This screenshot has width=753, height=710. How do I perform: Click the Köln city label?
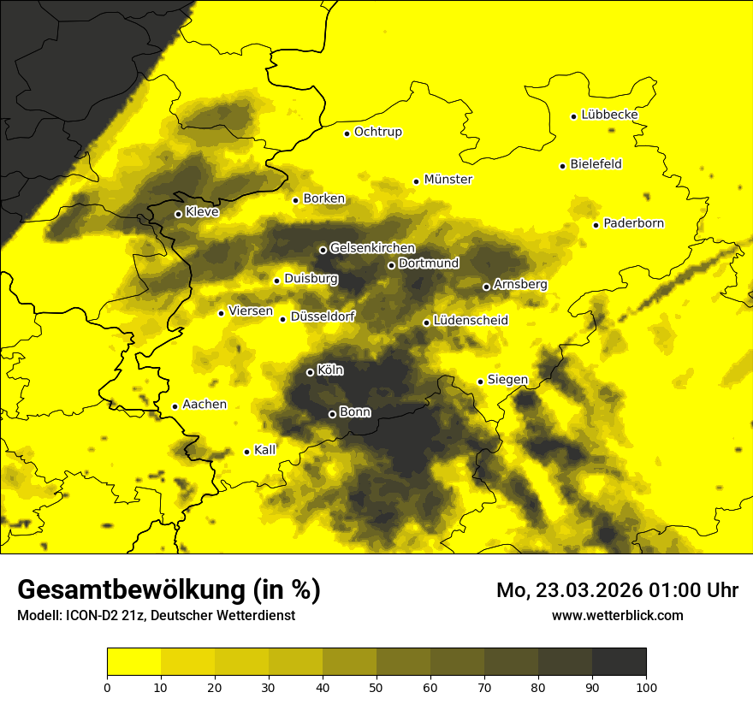click(x=330, y=370)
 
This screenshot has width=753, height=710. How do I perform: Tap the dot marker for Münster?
click(x=416, y=181)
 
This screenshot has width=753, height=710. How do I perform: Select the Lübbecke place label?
click(x=609, y=115)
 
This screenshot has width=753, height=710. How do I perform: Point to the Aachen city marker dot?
click(x=175, y=406)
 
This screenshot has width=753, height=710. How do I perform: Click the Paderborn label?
click(x=633, y=223)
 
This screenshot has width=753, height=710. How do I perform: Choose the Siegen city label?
click(x=507, y=380)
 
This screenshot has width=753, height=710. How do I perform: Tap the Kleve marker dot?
click(x=178, y=214)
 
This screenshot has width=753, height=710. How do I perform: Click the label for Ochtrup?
click(x=377, y=132)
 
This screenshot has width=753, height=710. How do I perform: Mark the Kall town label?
click(x=265, y=450)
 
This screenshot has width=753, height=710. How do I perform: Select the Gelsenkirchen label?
click(x=372, y=248)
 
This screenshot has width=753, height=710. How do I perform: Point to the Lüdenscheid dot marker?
click(x=426, y=322)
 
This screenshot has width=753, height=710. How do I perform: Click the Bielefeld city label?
click(x=596, y=163)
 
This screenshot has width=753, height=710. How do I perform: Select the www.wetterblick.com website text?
click(x=617, y=615)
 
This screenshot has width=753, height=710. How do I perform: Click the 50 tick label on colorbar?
click(x=376, y=686)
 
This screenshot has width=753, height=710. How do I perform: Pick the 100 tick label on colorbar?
click(x=645, y=686)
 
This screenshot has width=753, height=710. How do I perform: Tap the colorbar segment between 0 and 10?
click(x=134, y=662)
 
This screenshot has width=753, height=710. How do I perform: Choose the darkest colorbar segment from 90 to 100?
click(x=619, y=662)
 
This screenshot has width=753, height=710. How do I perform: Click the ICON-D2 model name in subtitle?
click(x=92, y=616)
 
